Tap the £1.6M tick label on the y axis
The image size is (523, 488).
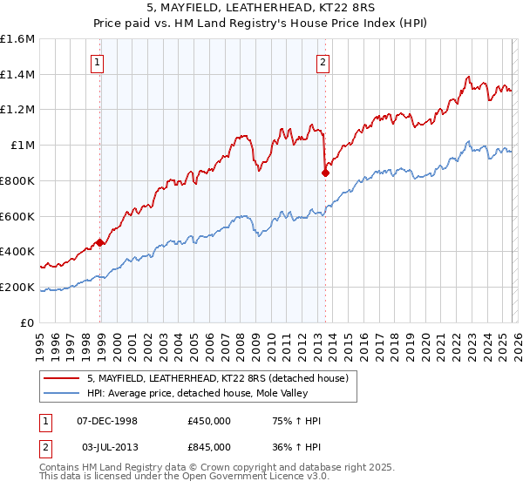coord(17,39)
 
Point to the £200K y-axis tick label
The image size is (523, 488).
coord(17,287)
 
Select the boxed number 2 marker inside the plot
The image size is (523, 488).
coord(323,62)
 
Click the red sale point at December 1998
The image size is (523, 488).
coord(100,243)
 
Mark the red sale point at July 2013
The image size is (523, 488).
coord(325,173)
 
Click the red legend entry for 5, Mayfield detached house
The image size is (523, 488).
coord(218,378)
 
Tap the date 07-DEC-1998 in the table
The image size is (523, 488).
coord(108,421)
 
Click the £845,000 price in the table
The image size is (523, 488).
coord(209,446)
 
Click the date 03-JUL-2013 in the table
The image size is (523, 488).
coord(108,446)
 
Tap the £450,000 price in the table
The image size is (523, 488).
coord(209,421)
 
